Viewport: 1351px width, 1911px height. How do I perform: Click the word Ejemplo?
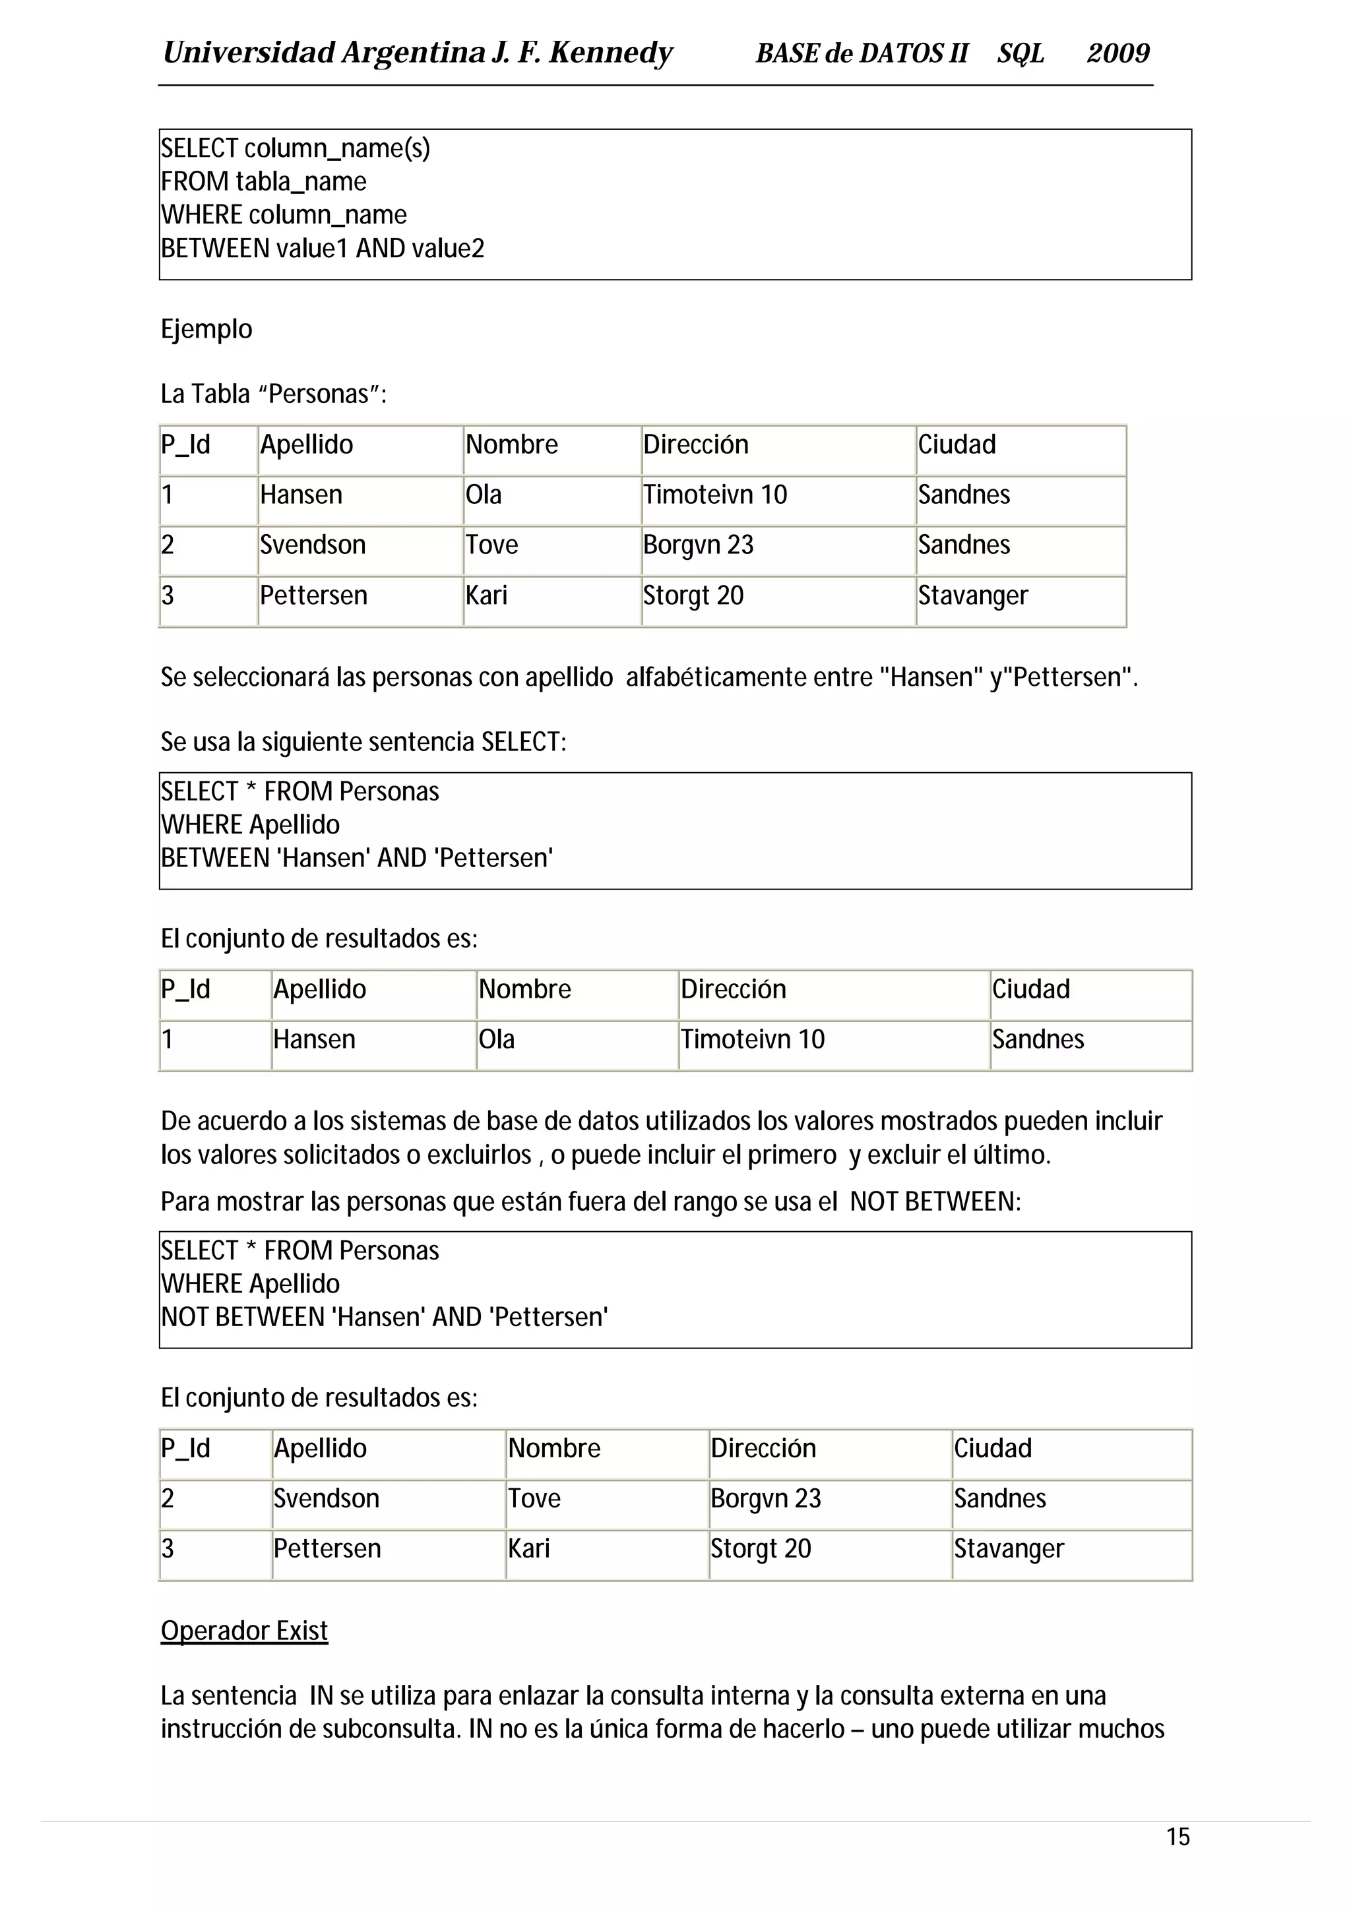coord(206,329)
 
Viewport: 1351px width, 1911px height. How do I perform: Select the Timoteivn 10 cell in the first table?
coord(714,495)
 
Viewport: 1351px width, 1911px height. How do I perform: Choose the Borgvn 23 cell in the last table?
coord(765,1498)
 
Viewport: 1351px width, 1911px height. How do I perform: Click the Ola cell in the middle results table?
coord(496,1039)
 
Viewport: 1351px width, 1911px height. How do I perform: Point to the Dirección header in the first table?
coord(695,444)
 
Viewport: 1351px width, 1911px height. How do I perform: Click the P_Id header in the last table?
coord(185,1448)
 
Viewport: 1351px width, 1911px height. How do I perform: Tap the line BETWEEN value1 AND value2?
coord(322,248)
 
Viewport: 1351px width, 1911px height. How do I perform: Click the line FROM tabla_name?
coord(263,181)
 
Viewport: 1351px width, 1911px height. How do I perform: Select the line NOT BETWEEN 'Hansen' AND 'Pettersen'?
coord(384,1317)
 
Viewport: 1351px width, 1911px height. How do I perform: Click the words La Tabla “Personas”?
coord(273,394)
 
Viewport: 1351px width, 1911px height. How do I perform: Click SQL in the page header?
coord(1020,53)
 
